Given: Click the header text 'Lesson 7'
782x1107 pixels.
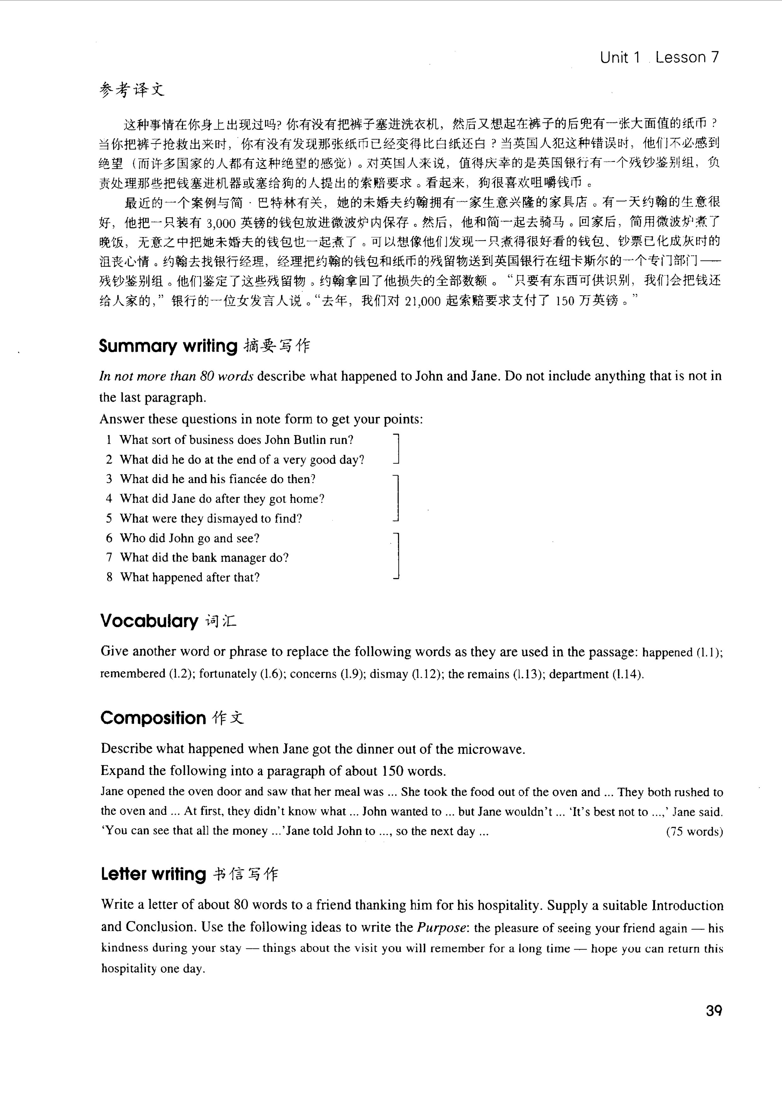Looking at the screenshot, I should (687, 57).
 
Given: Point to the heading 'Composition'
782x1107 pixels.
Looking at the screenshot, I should (153, 718).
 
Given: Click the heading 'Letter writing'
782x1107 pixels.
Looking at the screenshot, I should (153, 874).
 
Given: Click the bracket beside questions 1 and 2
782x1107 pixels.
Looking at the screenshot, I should (397, 449).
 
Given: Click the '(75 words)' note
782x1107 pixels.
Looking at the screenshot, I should (694, 832).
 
